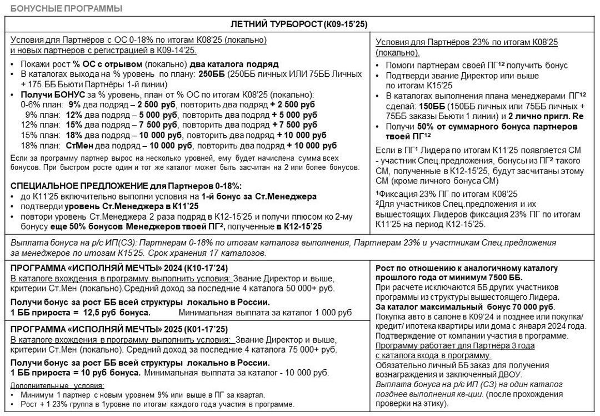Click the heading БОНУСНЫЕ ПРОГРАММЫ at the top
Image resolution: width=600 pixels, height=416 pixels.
coord(66,8)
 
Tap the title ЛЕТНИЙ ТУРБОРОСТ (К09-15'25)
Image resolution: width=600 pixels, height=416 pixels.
coord(299,24)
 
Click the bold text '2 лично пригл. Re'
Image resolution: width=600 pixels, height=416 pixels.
coord(545,116)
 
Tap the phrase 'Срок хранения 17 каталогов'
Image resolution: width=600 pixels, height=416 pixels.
coord(230,253)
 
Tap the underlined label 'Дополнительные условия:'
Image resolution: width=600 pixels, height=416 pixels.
coord(58,385)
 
